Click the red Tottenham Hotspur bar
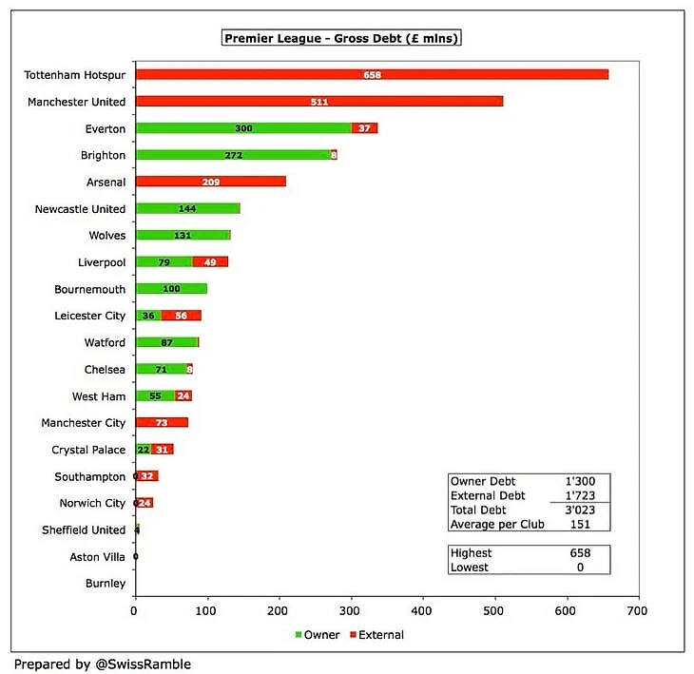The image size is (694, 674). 372,75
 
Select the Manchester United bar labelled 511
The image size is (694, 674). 319,102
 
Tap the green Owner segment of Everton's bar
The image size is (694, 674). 243,128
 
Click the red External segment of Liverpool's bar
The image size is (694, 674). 210,261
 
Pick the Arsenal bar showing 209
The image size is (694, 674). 210,182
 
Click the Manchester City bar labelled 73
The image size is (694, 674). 162,421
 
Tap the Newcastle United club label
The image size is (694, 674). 80,209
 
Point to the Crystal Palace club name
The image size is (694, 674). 88,450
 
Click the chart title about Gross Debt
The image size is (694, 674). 341,38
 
